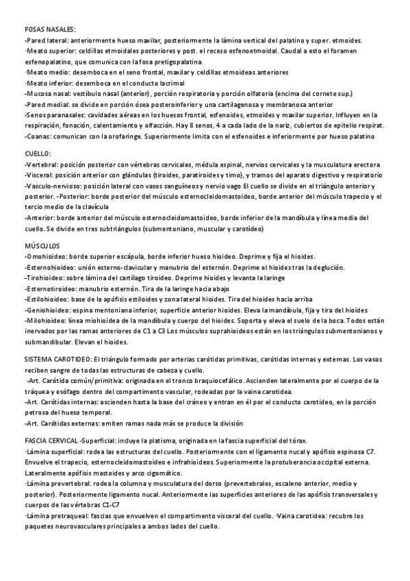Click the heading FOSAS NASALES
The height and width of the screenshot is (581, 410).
tap(50, 29)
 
